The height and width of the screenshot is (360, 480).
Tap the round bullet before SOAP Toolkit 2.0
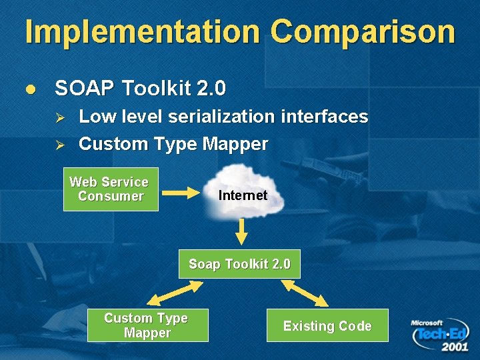[28, 89]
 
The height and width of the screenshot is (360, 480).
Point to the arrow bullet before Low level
[59, 118]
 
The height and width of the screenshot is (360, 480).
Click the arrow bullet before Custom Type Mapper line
[59, 145]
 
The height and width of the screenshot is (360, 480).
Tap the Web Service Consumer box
[111, 189]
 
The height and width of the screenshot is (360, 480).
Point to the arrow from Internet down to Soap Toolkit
[241, 232]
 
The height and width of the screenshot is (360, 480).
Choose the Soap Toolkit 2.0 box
[239, 264]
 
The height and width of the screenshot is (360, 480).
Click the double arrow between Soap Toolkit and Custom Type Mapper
[175, 293]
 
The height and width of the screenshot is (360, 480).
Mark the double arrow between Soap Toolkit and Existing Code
[305, 293]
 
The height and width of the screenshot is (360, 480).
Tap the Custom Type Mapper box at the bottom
[147, 325]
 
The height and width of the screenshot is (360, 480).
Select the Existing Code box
[327, 325]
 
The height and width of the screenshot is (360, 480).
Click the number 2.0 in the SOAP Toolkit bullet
[212, 88]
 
